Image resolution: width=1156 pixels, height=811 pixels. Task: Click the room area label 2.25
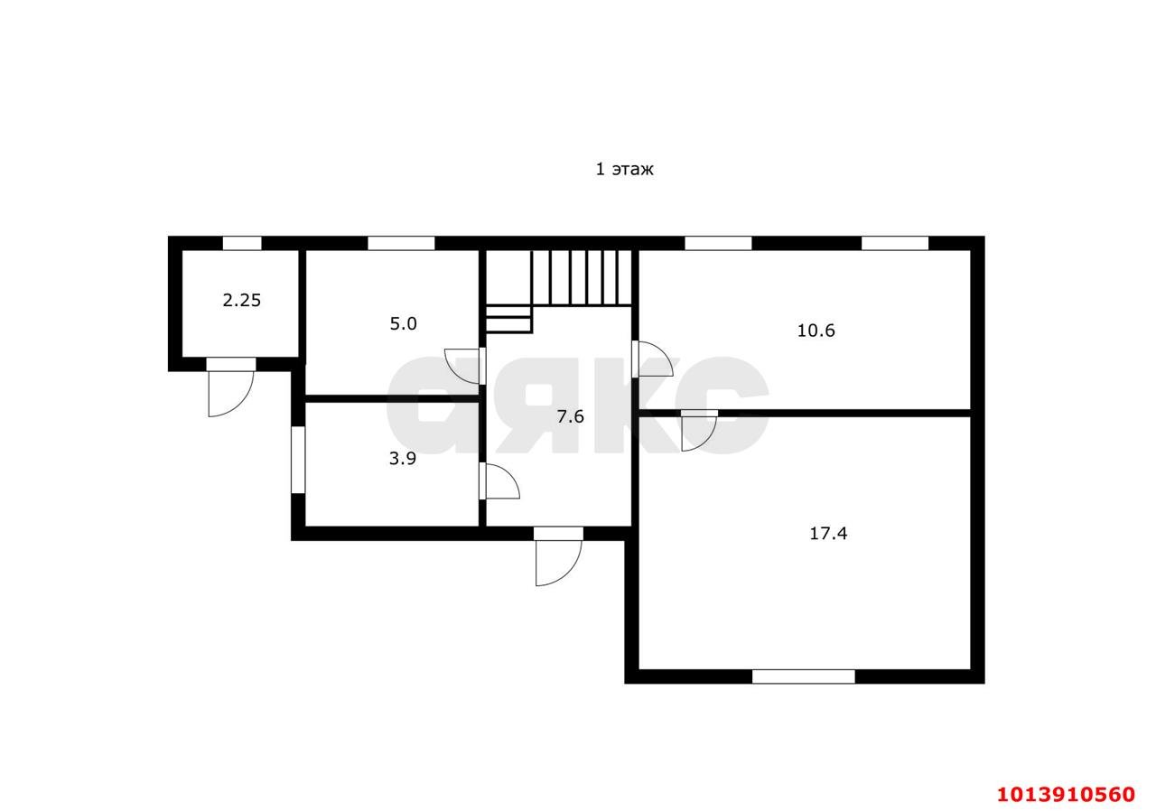click(241, 300)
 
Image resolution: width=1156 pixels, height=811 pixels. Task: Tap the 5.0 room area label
click(403, 324)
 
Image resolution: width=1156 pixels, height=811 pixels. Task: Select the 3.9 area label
click(403, 458)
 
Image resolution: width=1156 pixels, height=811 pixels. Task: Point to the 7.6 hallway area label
click(570, 415)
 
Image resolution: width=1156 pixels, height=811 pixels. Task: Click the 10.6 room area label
click(816, 331)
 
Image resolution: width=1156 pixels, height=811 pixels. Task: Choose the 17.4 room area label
click(828, 533)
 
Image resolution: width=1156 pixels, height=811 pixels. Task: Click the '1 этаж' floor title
click(624, 169)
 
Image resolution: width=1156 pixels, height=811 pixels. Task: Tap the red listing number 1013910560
click(1067, 795)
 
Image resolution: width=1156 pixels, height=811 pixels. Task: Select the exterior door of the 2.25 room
click(230, 387)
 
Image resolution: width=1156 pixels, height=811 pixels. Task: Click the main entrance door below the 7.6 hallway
click(558, 556)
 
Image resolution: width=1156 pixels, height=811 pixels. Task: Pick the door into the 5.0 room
click(464, 366)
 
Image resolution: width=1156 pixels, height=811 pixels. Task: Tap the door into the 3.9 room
click(499, 480)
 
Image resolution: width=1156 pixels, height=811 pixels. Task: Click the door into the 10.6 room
click(652, 359)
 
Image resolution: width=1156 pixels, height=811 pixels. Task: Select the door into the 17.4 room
click(699, 431)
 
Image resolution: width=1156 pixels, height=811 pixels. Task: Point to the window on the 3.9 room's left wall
click(298, 460)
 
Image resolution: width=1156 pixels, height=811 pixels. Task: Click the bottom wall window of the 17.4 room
click(804, 676)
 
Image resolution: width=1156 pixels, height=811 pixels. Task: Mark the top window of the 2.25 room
click(242, 244)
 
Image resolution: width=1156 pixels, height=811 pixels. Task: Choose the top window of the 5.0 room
click(401, 244)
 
